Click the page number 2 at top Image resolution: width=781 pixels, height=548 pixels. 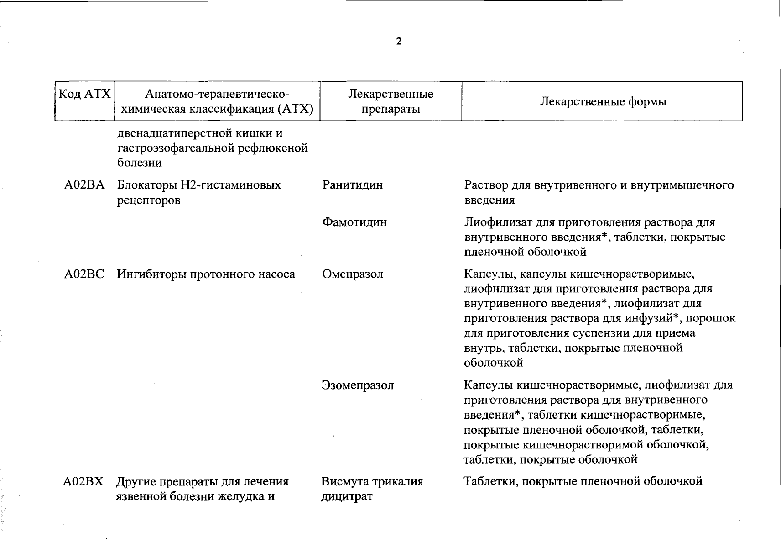tap(399, 42)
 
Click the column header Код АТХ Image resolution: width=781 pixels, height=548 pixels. tap(85, 95)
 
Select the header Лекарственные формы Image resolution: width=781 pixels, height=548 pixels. tap(603, 101)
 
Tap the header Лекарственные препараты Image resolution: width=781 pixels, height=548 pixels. tap(390, 101)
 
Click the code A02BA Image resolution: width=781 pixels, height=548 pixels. tap(84, 185)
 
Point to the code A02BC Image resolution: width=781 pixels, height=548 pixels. tap(84, 274)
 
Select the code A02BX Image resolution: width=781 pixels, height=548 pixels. tap(83, 481)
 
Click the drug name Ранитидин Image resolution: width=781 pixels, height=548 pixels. tap(352, 185)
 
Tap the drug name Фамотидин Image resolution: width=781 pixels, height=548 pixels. tap(354, 222)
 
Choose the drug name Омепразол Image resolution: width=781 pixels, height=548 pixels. tap(352, 274)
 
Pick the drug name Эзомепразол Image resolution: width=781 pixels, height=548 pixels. tap(358, 385)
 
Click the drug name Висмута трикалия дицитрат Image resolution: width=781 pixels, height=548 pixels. tap(372, 489)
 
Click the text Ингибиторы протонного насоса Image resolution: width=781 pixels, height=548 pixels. tap(206, 274)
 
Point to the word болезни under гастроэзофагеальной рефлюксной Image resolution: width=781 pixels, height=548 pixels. tap(139, 163)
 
